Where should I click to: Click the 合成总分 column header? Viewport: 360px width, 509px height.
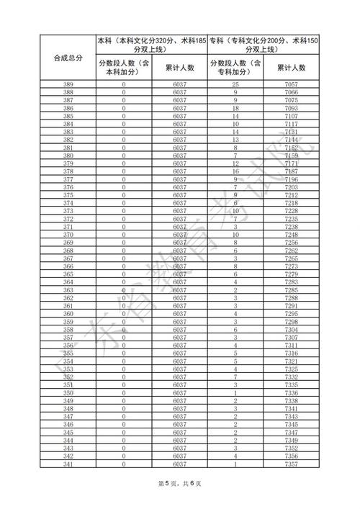pos(68,57)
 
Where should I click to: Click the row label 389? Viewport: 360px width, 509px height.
pos(68,86)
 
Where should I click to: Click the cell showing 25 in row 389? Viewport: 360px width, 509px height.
pos(235,86)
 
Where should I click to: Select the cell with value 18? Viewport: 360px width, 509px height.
pos(235,108)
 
